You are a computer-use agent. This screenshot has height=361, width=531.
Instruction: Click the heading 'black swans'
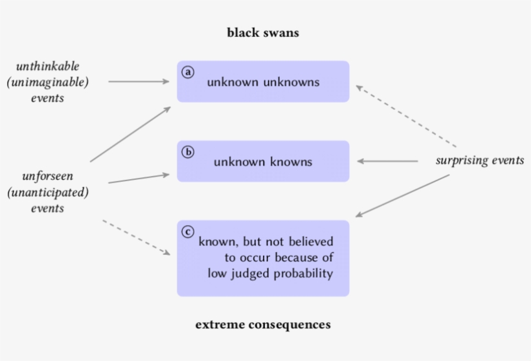click(263, 32)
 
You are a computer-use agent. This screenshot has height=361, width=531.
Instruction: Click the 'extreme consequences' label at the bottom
click(263, 324)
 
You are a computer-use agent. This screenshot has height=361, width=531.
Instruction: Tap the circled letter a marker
click(188, 72)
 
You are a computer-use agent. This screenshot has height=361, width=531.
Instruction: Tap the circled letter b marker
click(188, 152)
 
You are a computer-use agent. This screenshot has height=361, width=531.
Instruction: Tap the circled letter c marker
click(188, 232)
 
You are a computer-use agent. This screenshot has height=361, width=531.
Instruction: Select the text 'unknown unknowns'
click(263, 82)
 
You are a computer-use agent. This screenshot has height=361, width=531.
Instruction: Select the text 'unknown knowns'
click(263, 162)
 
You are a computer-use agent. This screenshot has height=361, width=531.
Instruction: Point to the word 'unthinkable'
click(47, 67)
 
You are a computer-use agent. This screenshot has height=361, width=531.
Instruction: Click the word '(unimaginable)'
click(47, 83)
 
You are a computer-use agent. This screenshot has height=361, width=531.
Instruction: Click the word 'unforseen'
click(47, 176)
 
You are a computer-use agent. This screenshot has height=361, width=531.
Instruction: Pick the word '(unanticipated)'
click(47, 192)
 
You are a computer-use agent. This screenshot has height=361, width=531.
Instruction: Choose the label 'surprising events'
click(480, 160)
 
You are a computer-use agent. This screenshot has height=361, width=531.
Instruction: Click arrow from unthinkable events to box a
click(138, 82)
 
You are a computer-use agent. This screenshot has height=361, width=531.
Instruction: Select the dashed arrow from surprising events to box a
click(406, 116)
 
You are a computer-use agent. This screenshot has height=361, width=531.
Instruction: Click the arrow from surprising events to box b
click(387, 161)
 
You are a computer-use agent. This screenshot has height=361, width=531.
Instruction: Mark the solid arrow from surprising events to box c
click(403, 195)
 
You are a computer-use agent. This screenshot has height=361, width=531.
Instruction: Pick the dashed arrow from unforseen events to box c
click(137, 237)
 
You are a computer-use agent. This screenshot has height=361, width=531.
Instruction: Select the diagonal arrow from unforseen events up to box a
click(130, 135)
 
